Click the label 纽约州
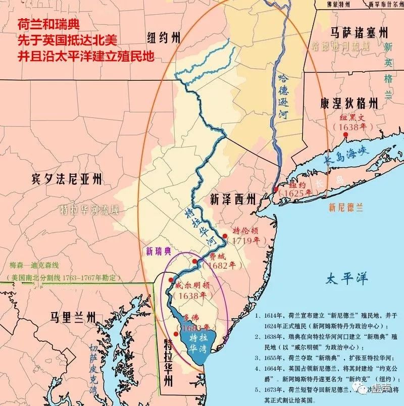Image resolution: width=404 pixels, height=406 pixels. pyautogui.click(x=163, y=38)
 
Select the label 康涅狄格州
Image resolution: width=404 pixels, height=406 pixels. pyautogui.click(x=348, y=104)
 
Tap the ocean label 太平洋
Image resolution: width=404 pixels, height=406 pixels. pyautogui.click(x=346, y=278)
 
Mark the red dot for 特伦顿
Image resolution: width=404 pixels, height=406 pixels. pyautogui.click(x=225, y=236)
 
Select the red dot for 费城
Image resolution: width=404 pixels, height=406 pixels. pyautogui.click(x=195, y=261)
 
